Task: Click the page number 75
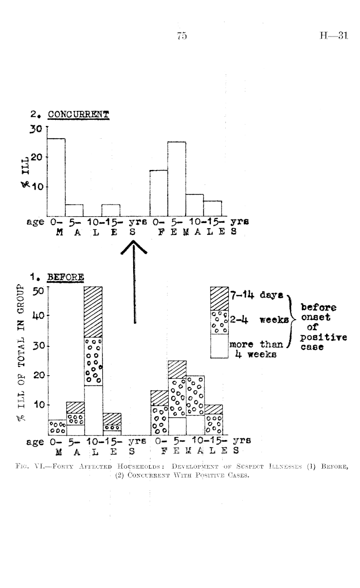[181, 36]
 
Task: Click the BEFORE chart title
[66, 278]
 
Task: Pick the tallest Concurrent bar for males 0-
[56, 177]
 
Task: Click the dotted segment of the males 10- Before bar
[93, 361]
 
